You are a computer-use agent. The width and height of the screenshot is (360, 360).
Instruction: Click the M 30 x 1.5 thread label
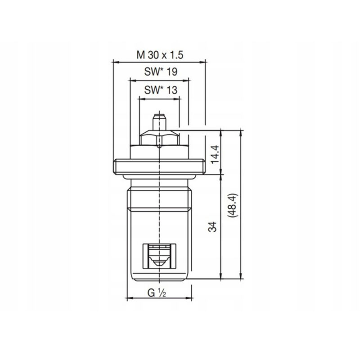click(x=160, y=55)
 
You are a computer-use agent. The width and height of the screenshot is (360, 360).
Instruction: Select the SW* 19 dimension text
click(x=161, y=72)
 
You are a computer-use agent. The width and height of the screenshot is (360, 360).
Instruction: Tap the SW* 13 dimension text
click(x=161, y=90)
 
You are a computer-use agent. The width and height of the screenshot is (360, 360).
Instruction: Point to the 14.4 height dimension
click(x=215, y=154)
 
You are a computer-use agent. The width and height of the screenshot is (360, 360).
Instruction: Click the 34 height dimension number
click(x=212, y=227)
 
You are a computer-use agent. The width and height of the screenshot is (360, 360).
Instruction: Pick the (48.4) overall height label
click(x=233, y=206)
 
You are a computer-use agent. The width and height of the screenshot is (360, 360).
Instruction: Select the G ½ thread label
click(x=157, y=293)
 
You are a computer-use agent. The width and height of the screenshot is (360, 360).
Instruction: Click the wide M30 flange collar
click(x=159, y=166)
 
